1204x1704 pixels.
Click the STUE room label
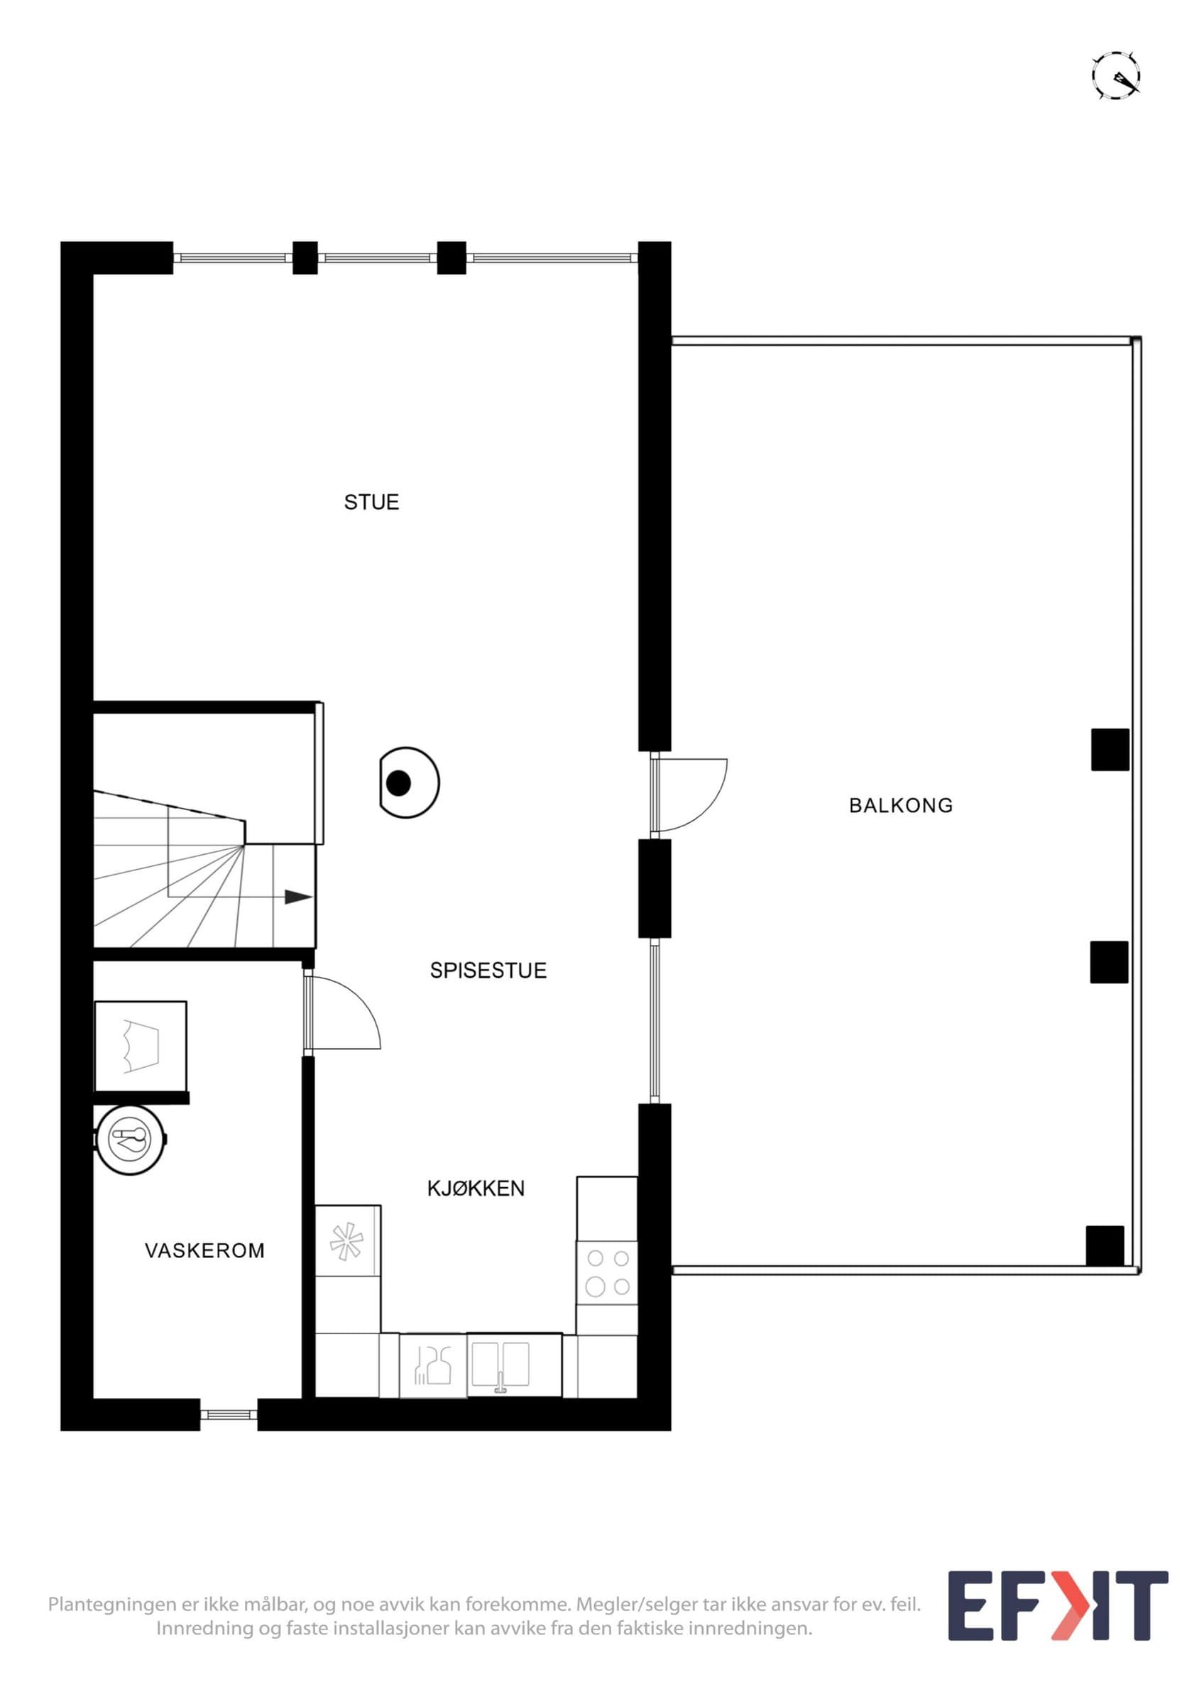tap(372, 503)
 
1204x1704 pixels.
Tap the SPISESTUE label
tap(488, 971)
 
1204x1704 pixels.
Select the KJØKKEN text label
tap(476, 1189)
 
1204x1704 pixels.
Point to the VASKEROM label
tap(204, 1250)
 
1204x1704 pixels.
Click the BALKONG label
tap(901, 805)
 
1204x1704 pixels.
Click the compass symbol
tap(1116, 76)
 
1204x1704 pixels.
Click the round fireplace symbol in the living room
tap(409, 782)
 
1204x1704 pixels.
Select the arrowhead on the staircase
tap(298, 897)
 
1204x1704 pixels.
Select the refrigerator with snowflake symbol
tap(348, 1241)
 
